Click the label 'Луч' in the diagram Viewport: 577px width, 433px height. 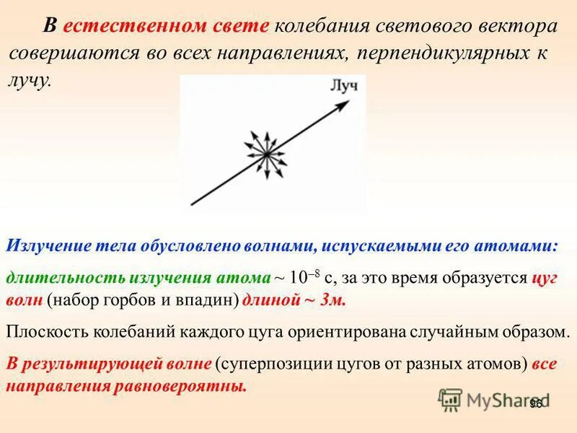tap(343, 87)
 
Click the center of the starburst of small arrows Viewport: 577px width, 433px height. tap(265, 153)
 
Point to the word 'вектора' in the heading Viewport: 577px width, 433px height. tap(516, 26)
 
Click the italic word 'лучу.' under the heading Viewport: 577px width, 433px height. tap(30, 79)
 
